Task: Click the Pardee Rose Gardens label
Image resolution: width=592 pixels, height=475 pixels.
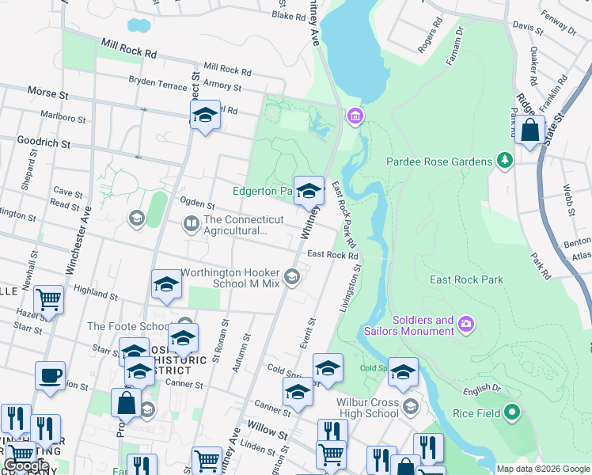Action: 439,161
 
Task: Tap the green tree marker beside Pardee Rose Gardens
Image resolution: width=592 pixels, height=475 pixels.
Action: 504,161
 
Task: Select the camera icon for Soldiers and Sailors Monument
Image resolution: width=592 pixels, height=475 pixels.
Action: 466,323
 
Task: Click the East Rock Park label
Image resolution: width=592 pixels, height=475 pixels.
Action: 466,279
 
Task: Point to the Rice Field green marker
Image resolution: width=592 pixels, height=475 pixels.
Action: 511,412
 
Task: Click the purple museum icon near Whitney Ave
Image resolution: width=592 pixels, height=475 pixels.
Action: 355,118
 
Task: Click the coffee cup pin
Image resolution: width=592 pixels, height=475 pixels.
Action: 51,376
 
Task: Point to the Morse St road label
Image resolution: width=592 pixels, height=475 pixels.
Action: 48,93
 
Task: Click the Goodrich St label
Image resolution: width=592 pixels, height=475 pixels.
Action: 44,143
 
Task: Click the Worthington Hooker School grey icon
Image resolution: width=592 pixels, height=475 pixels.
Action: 292,276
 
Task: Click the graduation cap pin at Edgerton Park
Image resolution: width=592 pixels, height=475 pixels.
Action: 309,190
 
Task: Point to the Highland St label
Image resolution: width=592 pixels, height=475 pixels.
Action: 96,292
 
